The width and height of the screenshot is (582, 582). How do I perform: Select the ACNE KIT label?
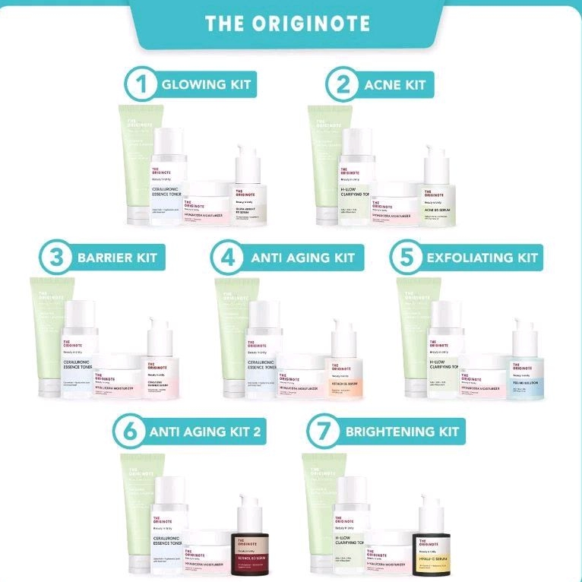[x=394, y=84]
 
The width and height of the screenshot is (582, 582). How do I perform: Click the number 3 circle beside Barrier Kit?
[x=55, y=258]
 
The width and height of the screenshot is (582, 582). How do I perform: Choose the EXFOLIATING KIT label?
[x=482, y=258]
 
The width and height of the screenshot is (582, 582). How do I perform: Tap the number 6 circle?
[x=129, y=432]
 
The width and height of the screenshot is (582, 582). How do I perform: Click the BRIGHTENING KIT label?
[x=402, y=432]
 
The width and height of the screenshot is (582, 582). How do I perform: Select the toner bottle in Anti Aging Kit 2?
[x=169, y=524]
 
